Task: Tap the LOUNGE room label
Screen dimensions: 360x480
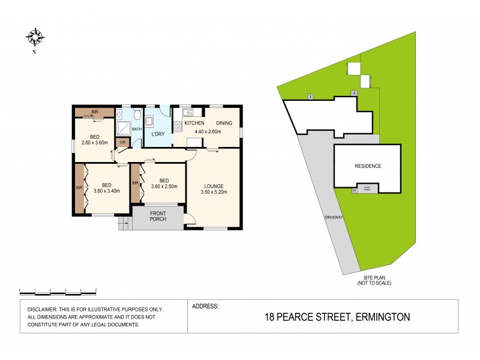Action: (213, 186)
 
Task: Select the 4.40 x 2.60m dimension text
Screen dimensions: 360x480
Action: (208, 131)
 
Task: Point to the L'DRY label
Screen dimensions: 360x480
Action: (158, 134)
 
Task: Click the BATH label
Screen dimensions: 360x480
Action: (137, 128)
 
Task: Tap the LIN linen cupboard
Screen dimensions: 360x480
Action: (122, 142)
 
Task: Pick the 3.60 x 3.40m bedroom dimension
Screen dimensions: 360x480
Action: (107, 191)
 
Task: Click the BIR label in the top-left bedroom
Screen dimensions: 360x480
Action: (95, 112)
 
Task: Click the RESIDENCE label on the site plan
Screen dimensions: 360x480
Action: (368, 166)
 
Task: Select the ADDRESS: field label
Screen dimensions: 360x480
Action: (205, 306)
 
